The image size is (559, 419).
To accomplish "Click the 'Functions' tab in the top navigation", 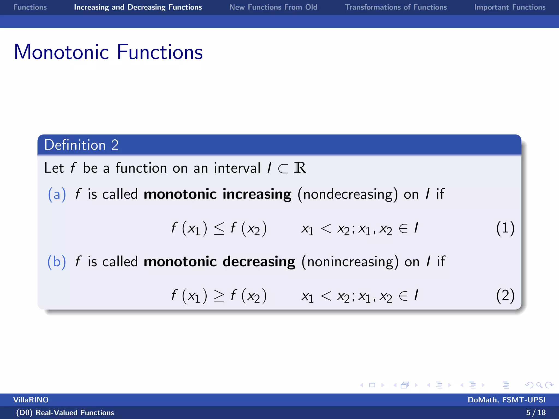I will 30,7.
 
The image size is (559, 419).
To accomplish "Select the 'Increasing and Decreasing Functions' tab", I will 138,7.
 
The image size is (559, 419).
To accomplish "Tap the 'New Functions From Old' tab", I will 273,7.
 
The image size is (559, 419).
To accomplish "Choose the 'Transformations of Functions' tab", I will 396,7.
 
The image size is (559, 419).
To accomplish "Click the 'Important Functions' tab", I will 510,7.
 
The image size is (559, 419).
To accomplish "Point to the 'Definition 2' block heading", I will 81,145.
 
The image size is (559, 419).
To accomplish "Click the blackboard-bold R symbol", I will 300,168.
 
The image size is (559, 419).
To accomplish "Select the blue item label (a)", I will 57,194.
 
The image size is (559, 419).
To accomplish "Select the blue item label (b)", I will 57,262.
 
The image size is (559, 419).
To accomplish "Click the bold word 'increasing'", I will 257,194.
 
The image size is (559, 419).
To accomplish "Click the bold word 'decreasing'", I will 259,262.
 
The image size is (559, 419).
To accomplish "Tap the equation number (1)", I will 505,228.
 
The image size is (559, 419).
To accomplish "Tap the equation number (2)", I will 505,295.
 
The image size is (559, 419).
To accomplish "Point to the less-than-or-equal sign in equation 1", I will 219,228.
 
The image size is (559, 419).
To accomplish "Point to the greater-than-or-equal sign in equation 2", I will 219,296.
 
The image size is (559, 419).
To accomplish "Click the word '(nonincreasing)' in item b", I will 350,262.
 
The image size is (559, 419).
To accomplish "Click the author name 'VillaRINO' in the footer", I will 31,400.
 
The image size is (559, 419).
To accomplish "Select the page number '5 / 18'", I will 536,412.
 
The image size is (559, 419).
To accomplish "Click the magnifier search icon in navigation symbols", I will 539,385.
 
